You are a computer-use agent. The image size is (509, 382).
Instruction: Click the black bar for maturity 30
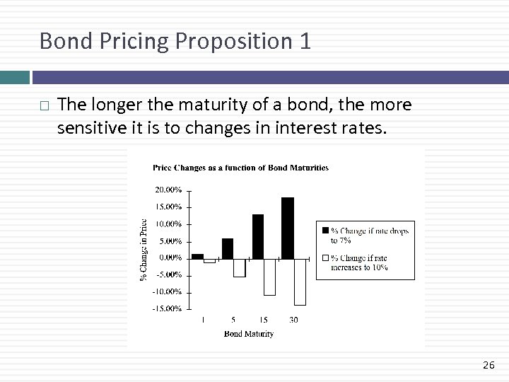pos(288,228)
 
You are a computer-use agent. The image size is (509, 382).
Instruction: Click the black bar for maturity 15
pos(258,236)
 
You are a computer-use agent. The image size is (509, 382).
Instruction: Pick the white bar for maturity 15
pos(269,277)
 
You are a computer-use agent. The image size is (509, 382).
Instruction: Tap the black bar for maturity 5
pos(228,248)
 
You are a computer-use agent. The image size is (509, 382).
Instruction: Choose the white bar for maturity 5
pos(240,267)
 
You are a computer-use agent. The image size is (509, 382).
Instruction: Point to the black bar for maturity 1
pos(197,256)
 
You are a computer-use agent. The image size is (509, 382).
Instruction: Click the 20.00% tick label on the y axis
pos(168,190)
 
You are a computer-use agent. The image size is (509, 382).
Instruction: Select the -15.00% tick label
pos(168,308)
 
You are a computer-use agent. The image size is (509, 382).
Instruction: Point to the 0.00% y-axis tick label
pos(170,257)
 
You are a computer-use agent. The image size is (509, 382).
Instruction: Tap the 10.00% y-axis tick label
pos(168,224)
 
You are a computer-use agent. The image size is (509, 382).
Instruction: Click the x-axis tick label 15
pos(263,320)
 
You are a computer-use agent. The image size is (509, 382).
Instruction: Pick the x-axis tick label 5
pos(233,320)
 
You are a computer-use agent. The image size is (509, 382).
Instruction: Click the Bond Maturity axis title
pos(248,333)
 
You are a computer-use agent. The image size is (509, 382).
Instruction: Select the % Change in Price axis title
pos(144,248)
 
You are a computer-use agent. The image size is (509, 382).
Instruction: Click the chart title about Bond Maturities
pos(240,168)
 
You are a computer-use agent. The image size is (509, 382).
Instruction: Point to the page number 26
pos(488,365)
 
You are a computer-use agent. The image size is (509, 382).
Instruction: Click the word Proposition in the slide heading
pos(224,42)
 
